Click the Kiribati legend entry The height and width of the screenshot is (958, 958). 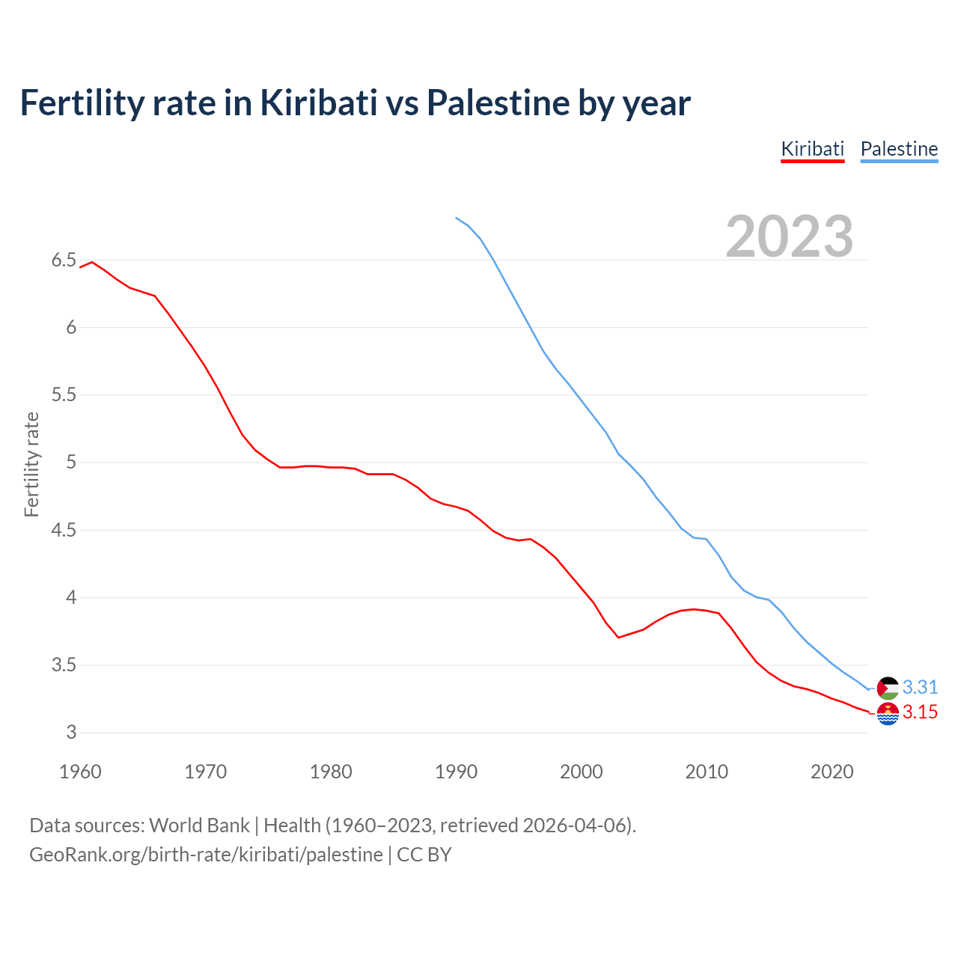pyautogui.click(x=812, y=149)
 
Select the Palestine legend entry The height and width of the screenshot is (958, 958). pyautogui.click(x=899, y=149)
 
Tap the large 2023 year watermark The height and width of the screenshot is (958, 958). pyautogui.click(x=790, y=237)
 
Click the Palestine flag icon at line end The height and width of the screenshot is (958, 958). pyautogui.click(x=888, y=688)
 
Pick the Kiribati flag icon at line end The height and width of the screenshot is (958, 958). pyautogui.click(x=888, y=713)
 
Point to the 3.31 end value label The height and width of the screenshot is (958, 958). pyautogui.click(x=920, y=687)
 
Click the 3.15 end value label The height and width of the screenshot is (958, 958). pyautogui.click(x=920, y=713)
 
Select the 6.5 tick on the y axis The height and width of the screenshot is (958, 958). pyautogui.click(x=64, y=260)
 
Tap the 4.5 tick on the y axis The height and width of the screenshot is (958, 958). pyautogui.click(x=64, y=531)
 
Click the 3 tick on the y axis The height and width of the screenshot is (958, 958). pyautogui.click(x=71, y=733)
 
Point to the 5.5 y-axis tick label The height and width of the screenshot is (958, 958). pyautogui.click(x=64, y=395)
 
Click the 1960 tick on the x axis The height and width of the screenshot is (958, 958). pyautogui.click(x=80, y=772)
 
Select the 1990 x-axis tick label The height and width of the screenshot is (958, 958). pyautogui.click(x=456, y=772)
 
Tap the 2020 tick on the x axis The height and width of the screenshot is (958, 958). pyautogui.click(x=832, y=772)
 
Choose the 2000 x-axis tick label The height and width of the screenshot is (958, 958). pyautogui.click(x=581, y=772)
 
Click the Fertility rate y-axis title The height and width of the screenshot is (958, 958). pyautogui.click(x=31, y=464)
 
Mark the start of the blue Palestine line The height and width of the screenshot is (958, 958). pyautogui.click(x=456, y=218)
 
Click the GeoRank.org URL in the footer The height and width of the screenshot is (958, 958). pyautogui.click(x=206, y=855)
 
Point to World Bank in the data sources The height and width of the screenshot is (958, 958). pyautogui.click(x=199, y=826)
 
